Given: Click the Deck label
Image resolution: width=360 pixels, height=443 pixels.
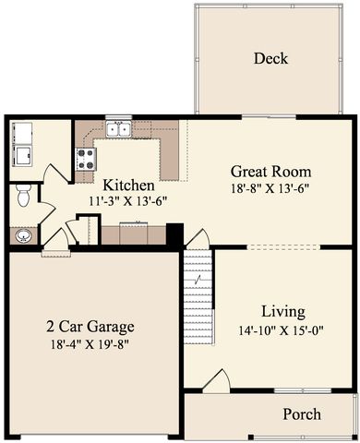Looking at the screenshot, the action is pyautogui.click(x=270, y=58).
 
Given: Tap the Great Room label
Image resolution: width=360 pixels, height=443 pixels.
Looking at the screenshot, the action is pyautogui.click(x=270, y=172).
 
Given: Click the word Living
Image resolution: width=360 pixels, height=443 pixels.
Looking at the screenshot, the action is pyautogui.click(x=283, y=312).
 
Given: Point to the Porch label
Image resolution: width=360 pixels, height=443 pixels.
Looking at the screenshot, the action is pyautogui.click(x=302, y=414).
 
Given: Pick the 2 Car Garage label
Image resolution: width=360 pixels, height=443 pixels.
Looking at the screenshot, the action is pyautogui.click(x=90, y=327).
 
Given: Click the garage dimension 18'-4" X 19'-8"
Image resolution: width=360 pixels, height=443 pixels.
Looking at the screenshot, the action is pyautogui.click(x=90, y=344).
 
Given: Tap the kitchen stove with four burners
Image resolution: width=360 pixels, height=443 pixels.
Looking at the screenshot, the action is pyautogui.click(x=86, y=159).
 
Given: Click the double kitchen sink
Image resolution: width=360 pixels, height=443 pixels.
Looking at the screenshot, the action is pyautogui.click(x=118, y=128).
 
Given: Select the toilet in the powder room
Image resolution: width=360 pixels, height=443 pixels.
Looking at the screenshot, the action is pyautogui.click(x=23, y=195).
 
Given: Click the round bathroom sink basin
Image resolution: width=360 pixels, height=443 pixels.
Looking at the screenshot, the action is pyautogui.click(x=24, y=236).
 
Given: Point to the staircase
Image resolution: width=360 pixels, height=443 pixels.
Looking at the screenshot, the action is pyautogui.click(x=198, y=297).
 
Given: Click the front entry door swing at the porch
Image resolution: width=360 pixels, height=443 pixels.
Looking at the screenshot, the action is pyautogui.click(x=216, y=381).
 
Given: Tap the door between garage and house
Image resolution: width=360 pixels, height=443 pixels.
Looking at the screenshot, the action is pyautogui.click(x=56, y=244).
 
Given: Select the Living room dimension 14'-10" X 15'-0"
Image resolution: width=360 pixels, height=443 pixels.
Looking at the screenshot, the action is pyautogui.click(x=282, y=331).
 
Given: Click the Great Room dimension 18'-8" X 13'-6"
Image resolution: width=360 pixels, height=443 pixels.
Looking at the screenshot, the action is pyautogui.click(x=270, y=188).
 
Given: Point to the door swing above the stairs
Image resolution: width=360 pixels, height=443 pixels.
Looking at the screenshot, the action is pyautogui.click(x=198, y=238).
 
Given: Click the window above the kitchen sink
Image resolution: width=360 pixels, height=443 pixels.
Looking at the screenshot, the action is pyautogui.click(x=118, y=117).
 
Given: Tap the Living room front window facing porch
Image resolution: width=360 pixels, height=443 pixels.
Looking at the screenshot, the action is pyautogui.click(x=303, y=390).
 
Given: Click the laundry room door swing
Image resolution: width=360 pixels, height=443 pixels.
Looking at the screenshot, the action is pyautogui.click(x=58, y=174).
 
